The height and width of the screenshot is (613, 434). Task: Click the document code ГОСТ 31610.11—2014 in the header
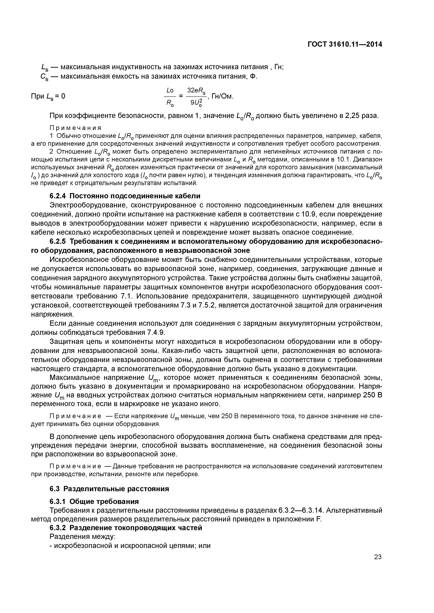345,44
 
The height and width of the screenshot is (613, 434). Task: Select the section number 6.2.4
58,196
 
